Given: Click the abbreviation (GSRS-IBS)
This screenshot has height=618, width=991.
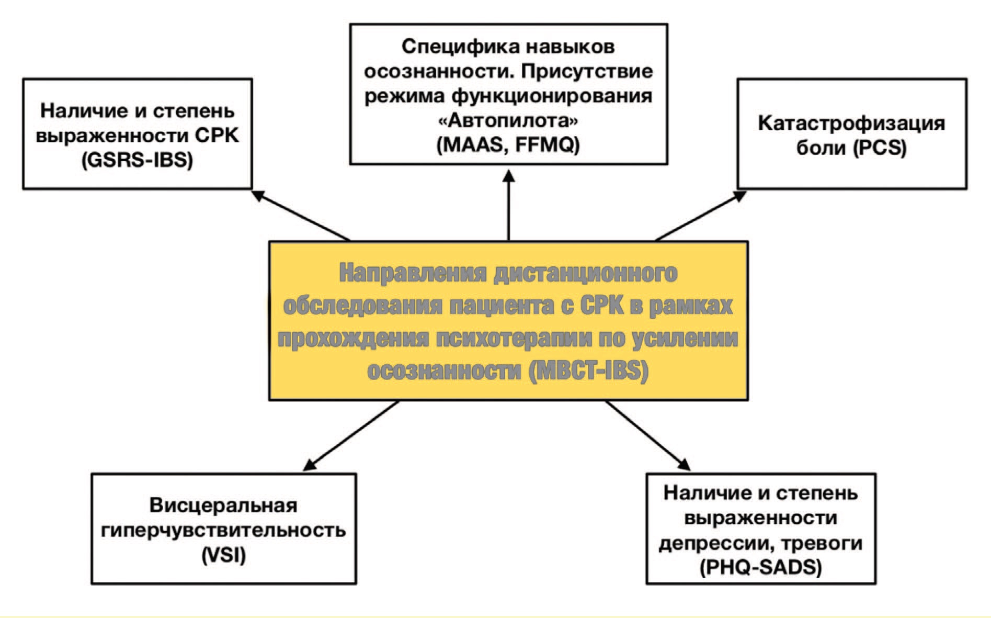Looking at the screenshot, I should pos(137,160).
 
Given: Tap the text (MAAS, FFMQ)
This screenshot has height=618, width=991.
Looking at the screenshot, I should pos(508,145).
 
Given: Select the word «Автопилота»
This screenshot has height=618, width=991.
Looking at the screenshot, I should pos(508,121).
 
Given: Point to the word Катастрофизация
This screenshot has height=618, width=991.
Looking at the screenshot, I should pos(851,123).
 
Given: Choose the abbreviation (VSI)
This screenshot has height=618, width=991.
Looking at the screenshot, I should pos(223,555).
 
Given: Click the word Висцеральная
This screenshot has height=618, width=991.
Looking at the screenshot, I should pos(223,505).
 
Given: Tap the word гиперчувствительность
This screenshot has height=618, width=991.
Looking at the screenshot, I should pos(223,530).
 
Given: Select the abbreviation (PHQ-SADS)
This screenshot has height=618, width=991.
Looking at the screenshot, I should pos(760,567).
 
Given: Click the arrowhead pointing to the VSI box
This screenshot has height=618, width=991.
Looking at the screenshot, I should pos(310,465).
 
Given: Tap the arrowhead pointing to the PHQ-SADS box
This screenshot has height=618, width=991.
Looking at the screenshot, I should pos(684,465).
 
